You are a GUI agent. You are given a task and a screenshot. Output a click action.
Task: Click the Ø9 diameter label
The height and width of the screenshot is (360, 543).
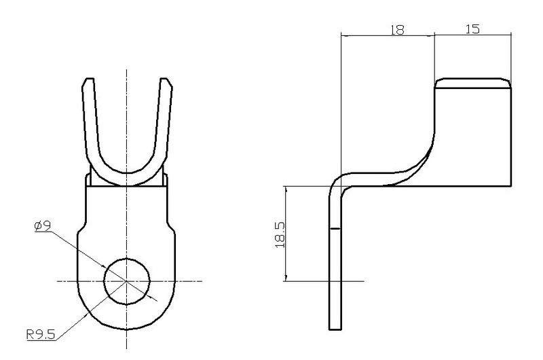coord(43,225)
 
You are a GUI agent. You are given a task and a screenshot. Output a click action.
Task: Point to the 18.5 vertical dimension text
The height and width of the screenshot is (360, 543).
coord(279,233)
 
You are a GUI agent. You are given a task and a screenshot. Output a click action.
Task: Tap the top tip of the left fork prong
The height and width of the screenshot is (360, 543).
coord(87,79)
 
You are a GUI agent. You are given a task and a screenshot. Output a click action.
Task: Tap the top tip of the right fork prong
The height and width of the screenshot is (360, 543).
coord(165,79)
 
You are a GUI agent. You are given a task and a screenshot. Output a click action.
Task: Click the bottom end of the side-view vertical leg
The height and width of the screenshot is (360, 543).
coord(335,329)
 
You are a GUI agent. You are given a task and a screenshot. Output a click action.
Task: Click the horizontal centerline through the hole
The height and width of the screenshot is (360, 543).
coord(75,280)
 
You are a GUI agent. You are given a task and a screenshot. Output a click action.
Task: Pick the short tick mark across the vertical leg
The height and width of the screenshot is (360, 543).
coord(335,230)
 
